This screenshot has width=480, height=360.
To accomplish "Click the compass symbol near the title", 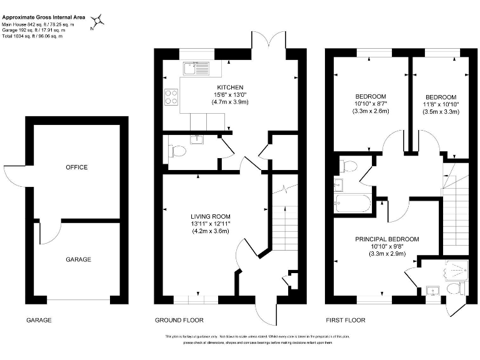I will (98, 22).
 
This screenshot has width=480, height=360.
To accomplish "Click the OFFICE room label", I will (76, 167).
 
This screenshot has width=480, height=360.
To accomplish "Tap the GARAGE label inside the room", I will (79, 259).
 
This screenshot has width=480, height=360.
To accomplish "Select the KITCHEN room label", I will (230, 87).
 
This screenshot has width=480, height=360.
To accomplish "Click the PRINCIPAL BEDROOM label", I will (387, 239).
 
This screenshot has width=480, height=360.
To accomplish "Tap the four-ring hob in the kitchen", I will (171, 97).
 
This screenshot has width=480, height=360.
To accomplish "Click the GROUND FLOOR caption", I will (179, 320).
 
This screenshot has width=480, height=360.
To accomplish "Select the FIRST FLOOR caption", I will (345, 320).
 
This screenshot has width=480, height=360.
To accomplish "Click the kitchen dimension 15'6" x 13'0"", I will (230, 94).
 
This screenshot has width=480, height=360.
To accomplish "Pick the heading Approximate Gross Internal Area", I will (44, 17).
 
